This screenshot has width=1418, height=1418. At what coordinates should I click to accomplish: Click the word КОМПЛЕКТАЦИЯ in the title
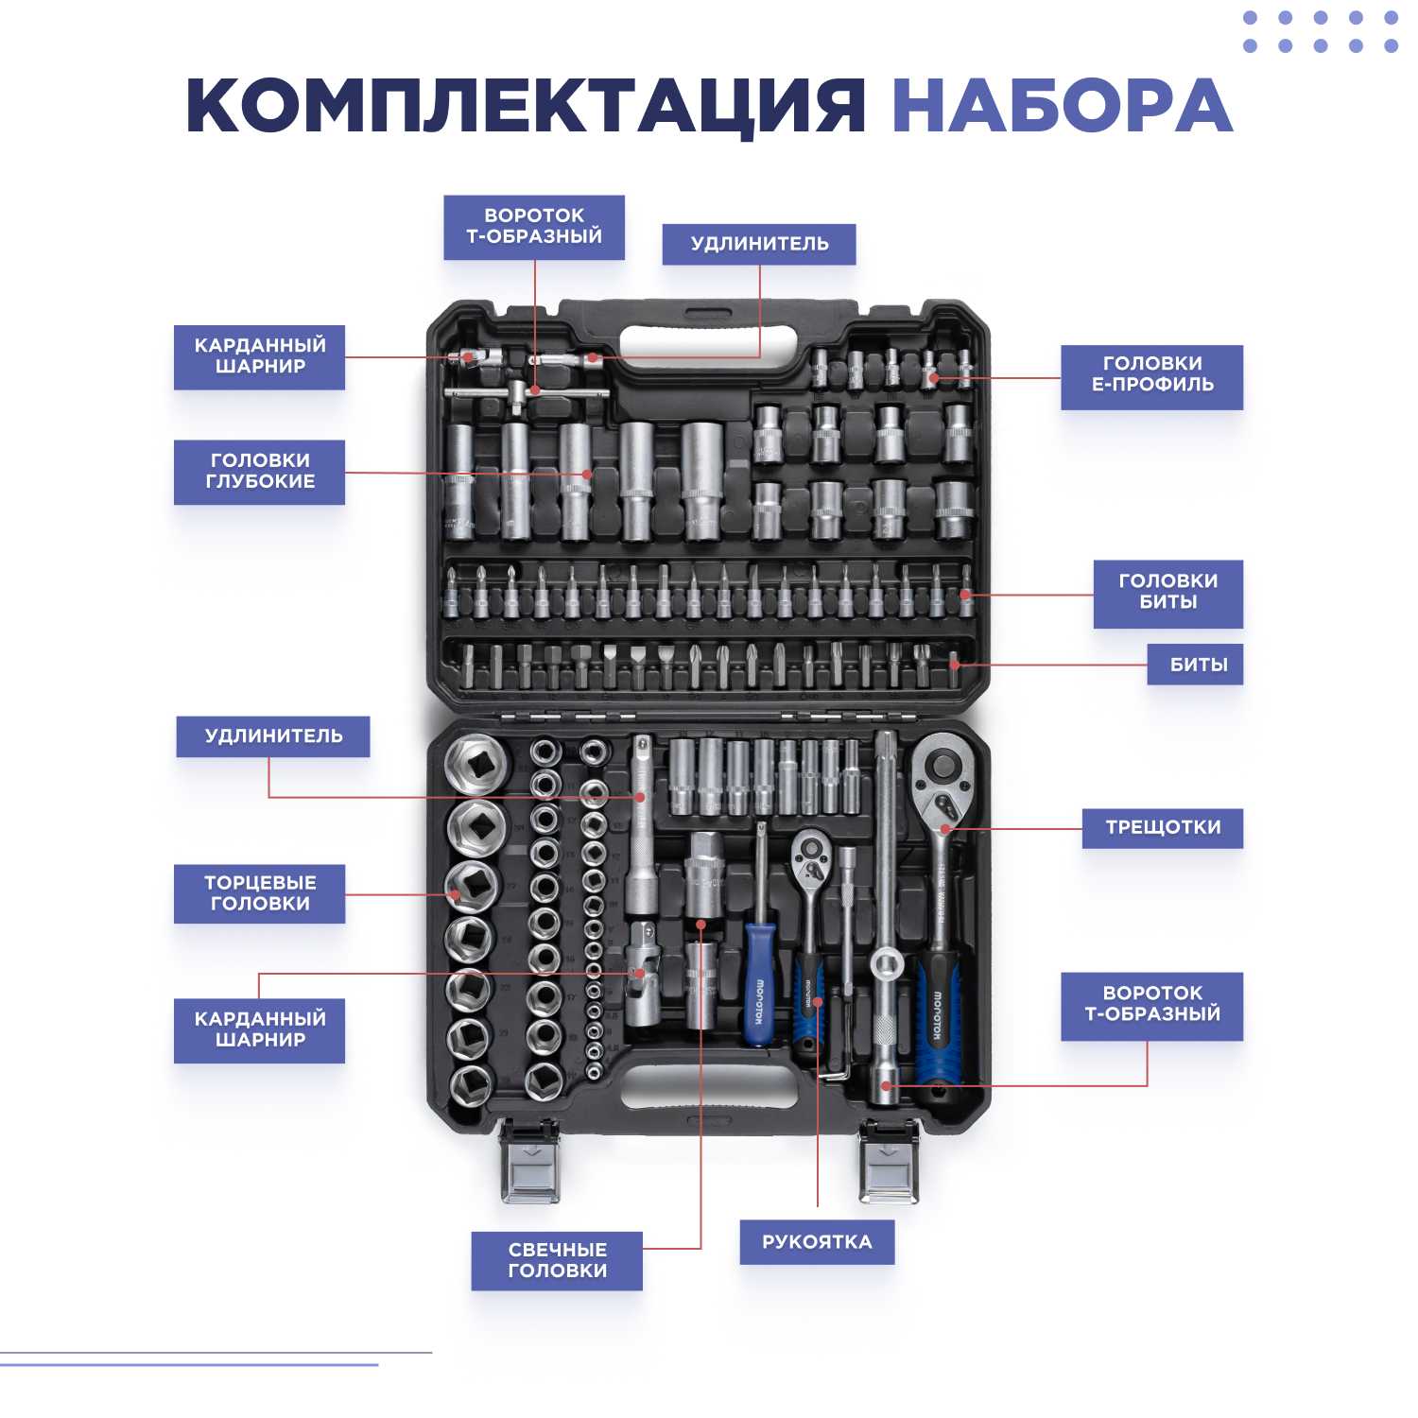click(526, 105)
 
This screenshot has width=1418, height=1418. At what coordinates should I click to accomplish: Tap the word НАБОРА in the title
click(1063, 105)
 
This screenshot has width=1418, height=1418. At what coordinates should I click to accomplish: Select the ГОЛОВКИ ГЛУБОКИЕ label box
click(259, 471)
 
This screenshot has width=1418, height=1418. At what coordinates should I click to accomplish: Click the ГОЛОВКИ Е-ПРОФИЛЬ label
click(1151, 376)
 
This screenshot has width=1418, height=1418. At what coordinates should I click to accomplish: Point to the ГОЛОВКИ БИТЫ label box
click(1167, 594)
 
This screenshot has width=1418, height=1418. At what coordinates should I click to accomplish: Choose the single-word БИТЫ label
click(1195, 664)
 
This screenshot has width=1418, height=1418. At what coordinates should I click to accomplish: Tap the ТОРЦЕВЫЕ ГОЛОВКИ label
click(259, 893)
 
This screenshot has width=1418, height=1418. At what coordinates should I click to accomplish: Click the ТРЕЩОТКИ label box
click(1162, 827)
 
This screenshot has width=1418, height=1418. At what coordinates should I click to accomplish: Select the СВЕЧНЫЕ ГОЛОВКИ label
click(557, 1260)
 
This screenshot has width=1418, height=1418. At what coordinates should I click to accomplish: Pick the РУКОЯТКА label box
click(817, 1242)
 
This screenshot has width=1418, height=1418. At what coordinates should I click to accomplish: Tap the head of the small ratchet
click(811, 854)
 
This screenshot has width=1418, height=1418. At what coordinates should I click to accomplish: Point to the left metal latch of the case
click(529, 1162)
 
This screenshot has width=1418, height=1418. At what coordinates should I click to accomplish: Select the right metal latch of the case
click(888, 1162)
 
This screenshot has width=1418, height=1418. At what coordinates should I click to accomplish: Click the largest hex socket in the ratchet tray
click(478, 761)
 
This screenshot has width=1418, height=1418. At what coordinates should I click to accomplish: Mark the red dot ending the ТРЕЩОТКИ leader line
click(945, 829)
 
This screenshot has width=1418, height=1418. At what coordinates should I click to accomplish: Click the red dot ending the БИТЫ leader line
click(955, 665)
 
